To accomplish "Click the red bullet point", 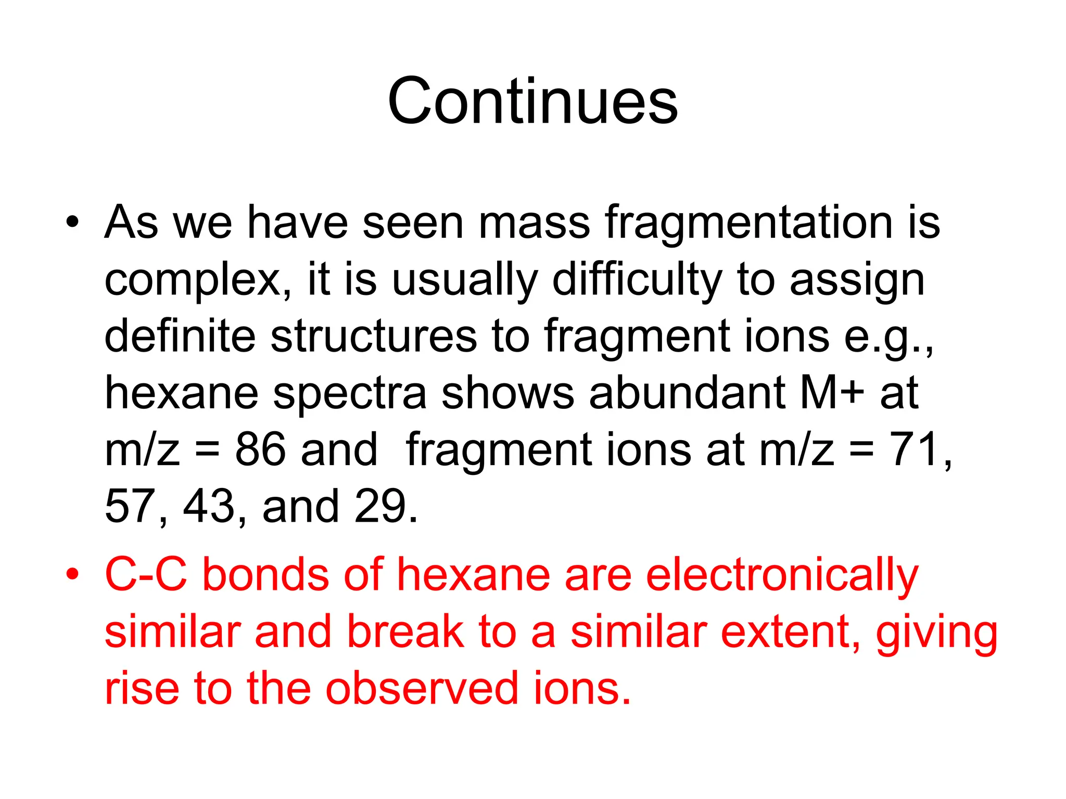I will (72, 575).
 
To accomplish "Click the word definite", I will (180, 336).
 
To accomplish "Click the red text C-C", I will (146, 575).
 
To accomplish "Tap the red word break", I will (405, 633).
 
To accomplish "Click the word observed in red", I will (422, 689).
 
